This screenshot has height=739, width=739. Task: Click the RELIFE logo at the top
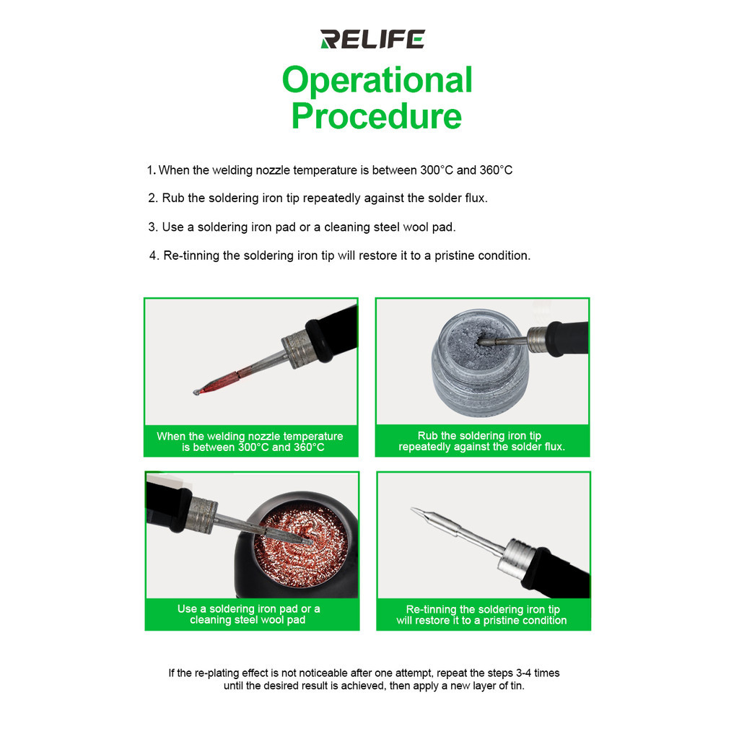tap(372, 39)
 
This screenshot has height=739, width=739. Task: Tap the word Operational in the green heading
tap(377, 80)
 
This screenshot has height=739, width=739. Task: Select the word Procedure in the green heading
tap(377, 116)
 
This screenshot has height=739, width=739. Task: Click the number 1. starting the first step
tap(152, 170)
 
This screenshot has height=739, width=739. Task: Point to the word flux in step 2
tap(476, 198)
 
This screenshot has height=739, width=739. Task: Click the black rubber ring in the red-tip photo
tap(318, 341)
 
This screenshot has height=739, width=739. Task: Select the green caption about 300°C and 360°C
tap(250, 442)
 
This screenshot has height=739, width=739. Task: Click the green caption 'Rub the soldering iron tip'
tap(482, 441)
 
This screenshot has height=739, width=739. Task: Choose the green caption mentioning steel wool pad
tap(252, 615)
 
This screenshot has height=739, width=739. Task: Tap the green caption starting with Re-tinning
tap(483, 615)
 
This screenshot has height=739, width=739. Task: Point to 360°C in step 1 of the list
tap(496, 170)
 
